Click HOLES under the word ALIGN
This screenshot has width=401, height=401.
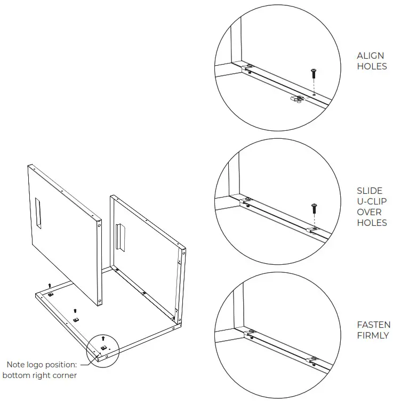(x=372, y=67)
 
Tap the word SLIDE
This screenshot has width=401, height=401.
(x=370, y=191)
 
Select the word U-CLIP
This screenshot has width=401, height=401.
(x=372, y=201)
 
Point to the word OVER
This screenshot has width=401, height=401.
(x=369, y=212)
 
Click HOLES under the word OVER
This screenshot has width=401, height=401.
(x=372, y=223)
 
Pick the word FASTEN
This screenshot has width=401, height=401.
(x=374, y=325)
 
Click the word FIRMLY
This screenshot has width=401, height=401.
(x=373, y=336)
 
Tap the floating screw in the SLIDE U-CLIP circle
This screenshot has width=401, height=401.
(x=314, y=206)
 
